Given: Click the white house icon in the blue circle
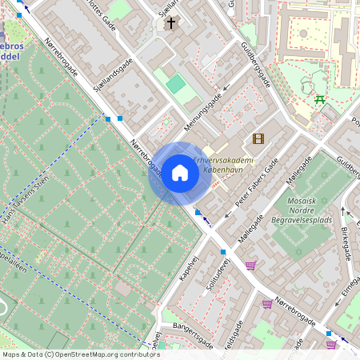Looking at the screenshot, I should [179, 173].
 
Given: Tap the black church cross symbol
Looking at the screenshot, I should [170, 23].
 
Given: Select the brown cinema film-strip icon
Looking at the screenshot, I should [258, 138].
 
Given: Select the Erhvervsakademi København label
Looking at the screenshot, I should [223, 166].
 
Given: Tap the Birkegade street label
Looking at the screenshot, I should [346, 238].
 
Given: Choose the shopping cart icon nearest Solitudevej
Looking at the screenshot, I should [250, 266].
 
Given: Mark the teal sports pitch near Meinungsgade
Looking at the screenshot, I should [176, 83].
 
